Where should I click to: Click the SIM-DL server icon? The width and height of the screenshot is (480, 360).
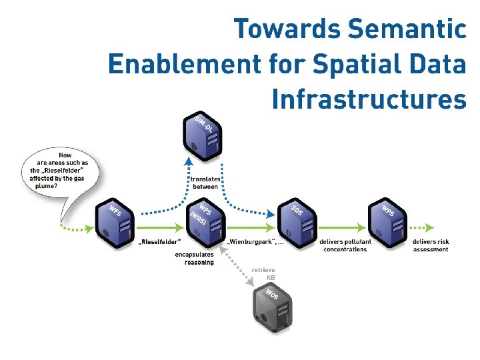coord(203,137)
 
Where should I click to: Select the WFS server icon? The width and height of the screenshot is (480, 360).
coord(115,221)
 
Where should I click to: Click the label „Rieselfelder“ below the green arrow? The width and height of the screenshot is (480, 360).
coord(160,241)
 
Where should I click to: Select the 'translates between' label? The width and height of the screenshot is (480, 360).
coord(204,183)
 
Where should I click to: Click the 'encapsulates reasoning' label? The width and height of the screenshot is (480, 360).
coord(195,258)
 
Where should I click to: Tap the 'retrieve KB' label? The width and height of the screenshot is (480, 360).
coord(263,273)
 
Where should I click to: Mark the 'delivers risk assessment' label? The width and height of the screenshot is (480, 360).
coord(430,245)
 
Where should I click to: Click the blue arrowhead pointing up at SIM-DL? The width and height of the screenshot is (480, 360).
coord(189,160)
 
